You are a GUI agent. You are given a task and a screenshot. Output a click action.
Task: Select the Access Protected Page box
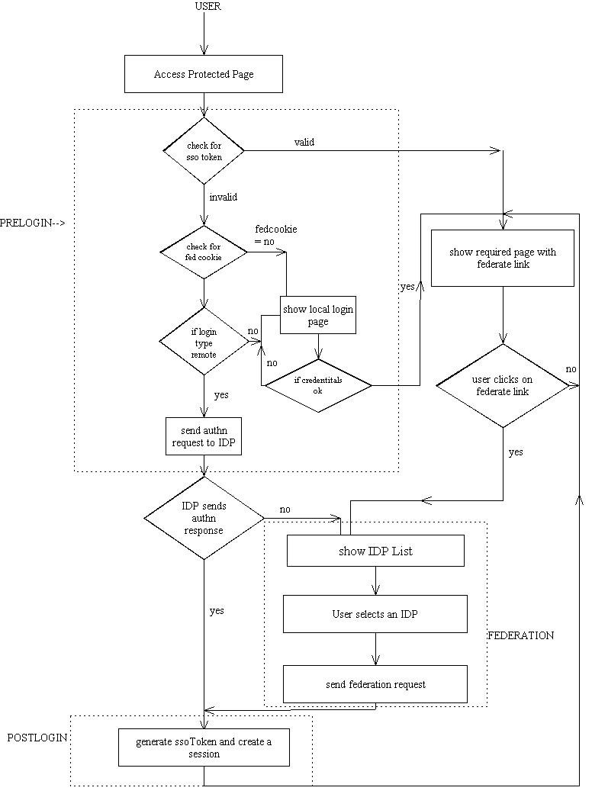(x=204, y=75)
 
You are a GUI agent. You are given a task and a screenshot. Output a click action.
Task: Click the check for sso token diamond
(x=204, y=151)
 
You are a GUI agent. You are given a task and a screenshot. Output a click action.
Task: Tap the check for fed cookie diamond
(x=204, y=252)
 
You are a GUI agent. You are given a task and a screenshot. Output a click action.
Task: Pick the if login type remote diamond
(x=204, y=341)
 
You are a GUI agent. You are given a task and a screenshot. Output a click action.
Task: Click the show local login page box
(x=318, y=315)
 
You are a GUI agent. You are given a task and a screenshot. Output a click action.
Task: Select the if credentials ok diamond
(x=318, y=385)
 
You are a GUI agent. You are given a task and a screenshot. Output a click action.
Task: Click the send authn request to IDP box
(x=204, y=436)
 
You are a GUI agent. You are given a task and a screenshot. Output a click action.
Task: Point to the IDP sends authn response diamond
(x=204, y=518)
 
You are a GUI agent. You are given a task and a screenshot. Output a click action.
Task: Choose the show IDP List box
(x=375, y=551)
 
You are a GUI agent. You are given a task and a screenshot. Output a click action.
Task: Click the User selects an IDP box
(x=375, y=614)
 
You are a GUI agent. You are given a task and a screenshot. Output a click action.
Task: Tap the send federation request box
(x=375, y=684)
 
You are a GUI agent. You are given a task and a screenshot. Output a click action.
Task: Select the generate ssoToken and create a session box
(x=204, y=747)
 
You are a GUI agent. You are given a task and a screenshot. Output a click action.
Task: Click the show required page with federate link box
(x=503, y=258)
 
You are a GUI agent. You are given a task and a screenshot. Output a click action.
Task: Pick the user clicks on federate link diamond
(x=503, y=386)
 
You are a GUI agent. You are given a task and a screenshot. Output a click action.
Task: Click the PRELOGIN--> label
(x=33, y=223)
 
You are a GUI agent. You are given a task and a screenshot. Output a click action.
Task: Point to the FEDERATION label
(x=521, y=635)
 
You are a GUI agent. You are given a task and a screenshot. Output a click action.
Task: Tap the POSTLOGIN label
(x=37, y=738)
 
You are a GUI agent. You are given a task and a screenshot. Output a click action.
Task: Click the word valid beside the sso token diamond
(x=304, y=142)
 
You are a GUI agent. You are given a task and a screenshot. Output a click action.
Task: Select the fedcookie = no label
(x=275, y=234)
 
